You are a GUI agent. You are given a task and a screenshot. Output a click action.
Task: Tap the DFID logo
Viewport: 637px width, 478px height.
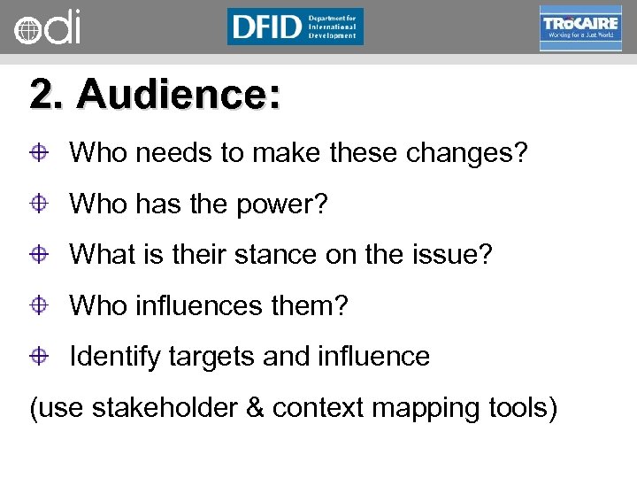[295, 27]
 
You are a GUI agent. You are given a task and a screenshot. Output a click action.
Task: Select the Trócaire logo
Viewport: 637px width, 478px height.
[580, 27]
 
